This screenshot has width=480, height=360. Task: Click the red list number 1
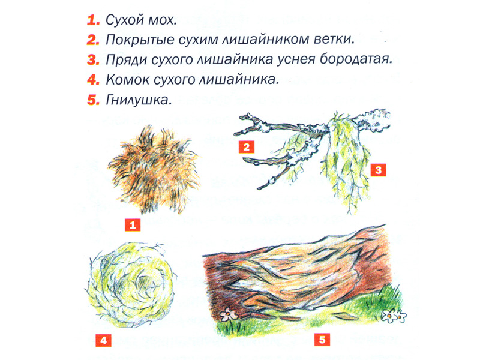point(93,20)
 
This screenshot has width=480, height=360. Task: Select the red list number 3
point(93,59)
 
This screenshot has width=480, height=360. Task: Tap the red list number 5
point(93,100)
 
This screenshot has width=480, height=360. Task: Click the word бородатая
point(356,59)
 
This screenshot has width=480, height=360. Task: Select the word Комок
point(127,80)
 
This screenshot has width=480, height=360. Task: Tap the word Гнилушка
point(139,100)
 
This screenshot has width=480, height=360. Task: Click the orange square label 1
point(133,225)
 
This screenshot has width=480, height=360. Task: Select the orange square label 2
point(247,147)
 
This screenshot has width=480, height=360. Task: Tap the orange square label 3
point(379,170)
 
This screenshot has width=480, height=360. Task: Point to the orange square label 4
point(103,340)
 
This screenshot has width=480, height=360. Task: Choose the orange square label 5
point(322,340)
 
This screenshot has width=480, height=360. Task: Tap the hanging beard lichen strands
point(347,159)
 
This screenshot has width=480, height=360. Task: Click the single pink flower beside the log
point(228,314)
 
